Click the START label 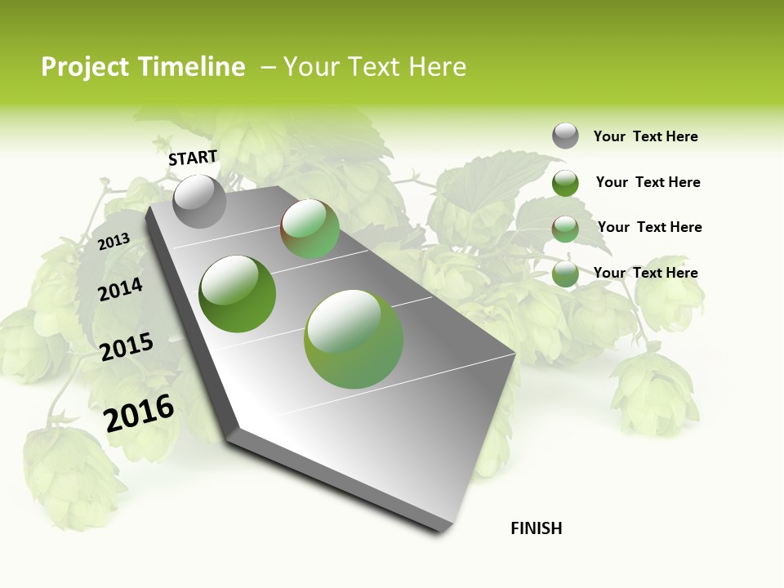tap(193, 158)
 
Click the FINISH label tap(536, 528)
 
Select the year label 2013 tap(114, 241)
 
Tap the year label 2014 tap(120, 289)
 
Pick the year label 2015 tap(127, 347)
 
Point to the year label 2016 tap(140, 412)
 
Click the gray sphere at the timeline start tap(200, 201)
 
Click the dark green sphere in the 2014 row tap(237, 294)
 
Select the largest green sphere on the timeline tap(354, 339)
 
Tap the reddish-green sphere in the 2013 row tap(310, 229)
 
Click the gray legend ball tap(565, 136)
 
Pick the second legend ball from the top tap(565, 183)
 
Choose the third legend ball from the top tap(565, 229)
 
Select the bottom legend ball tap(565, 274)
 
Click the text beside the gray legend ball tap(645, 136)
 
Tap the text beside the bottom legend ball tap(645, 273)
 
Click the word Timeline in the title tap(192, 67)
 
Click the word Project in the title tap(86, 67)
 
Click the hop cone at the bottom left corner tap(69, 474)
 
